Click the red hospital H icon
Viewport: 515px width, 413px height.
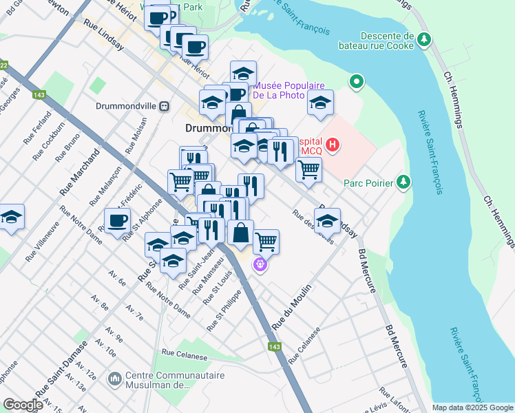point(333,145)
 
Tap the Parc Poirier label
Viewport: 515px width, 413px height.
point(368,183)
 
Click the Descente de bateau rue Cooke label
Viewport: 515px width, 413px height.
point(385,41)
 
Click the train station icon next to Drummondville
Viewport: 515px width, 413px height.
point(164,107)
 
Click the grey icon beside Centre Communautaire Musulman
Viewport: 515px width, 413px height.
point(114,379)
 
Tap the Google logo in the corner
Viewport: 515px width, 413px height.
point(23,405)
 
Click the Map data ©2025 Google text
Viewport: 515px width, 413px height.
point(472,407)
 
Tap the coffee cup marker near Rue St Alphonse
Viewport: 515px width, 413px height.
point(117,220)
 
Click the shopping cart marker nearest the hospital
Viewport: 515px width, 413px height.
point(308,167)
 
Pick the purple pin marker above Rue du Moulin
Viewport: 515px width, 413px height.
point(260,264)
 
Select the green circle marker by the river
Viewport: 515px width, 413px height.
point(356,82)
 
